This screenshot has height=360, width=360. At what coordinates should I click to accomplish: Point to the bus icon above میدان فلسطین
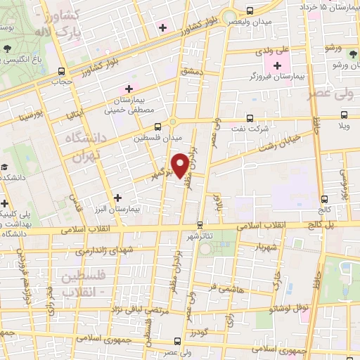[x=157, y=127]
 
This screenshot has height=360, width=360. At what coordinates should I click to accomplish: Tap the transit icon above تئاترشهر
[x=200, y=225]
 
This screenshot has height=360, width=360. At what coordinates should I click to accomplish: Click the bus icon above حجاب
[x=62, y=71]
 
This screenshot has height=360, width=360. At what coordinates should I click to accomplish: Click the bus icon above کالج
[x=325, y=200]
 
